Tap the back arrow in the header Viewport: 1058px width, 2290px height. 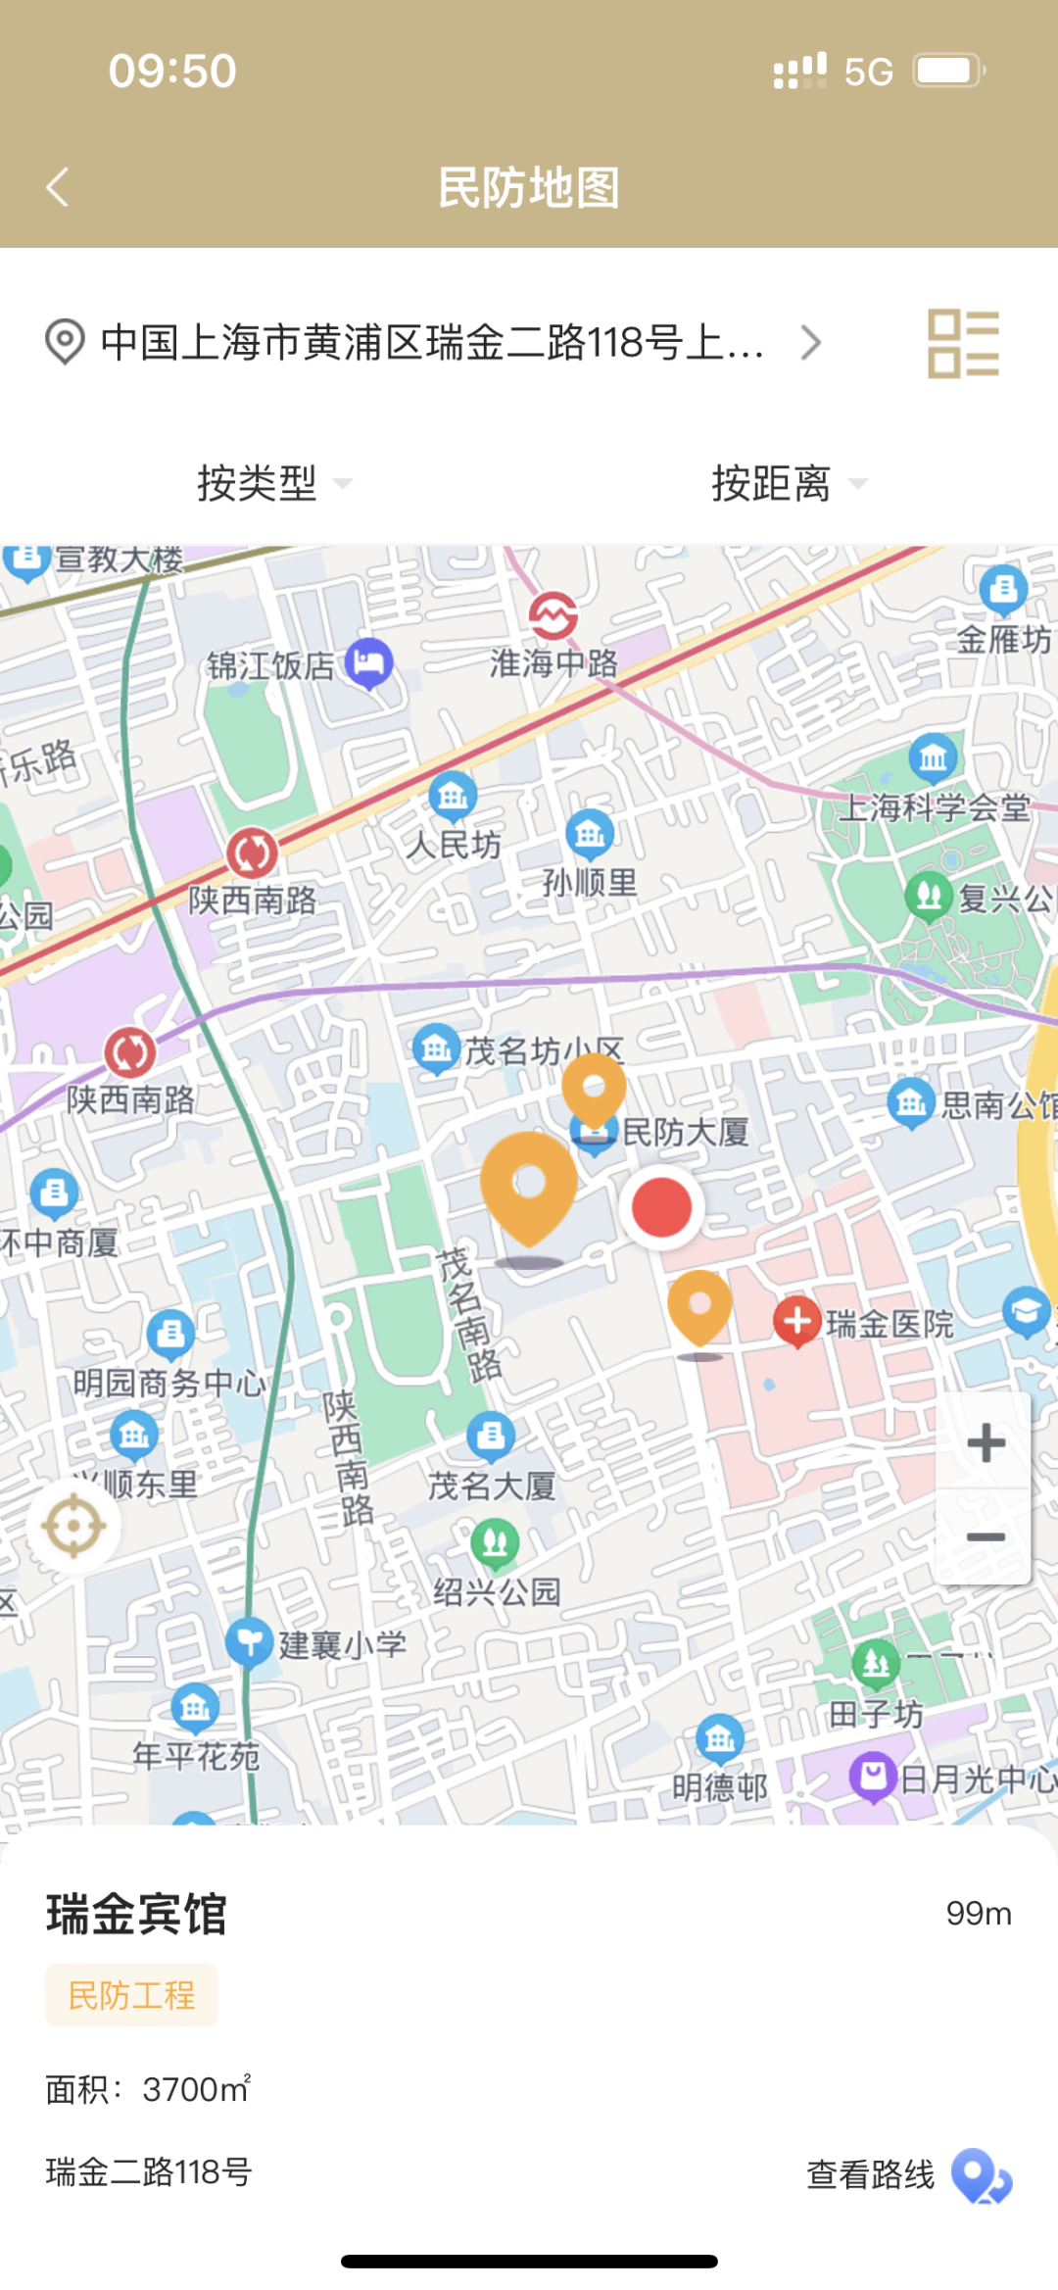pos(58,186)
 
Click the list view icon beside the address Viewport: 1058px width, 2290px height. pos(963,343)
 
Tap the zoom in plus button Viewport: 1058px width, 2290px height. pos(985,1442)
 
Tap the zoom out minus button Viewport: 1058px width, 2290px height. pos(985,1536)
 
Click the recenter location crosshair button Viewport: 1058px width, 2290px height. pos(73,1526)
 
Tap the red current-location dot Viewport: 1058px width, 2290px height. pos(661,1207)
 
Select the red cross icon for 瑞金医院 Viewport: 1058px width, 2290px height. pos(797,1321)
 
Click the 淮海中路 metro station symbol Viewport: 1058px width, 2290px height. pos(553,615)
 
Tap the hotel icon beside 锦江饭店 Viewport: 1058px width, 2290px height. pos(369,662)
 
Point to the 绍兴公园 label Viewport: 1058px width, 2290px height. pos(497,1591)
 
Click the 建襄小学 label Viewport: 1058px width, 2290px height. pos(342,1644)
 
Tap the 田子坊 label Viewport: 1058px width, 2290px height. pos(876,1714)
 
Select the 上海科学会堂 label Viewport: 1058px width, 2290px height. pos(935,807)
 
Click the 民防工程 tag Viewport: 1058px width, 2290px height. pos(131,1995)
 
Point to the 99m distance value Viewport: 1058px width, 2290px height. pos(978,1913)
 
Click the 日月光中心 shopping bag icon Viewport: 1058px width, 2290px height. pos(873,1775)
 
